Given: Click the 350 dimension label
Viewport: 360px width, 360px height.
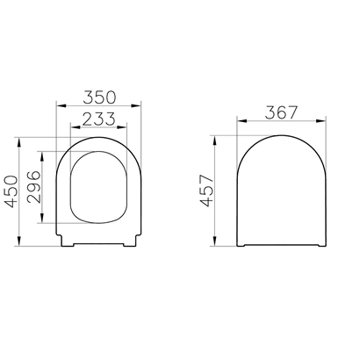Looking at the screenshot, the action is pyautogui.click(x=99, y=97).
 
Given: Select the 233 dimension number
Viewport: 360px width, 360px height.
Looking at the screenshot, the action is pyautogui.click(x=99, y=119).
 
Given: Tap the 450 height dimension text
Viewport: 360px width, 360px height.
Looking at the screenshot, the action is pyautogui.click(x=11, y=191).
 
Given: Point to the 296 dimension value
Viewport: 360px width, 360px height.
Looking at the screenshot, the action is pyautogui.click(x=34, y=187).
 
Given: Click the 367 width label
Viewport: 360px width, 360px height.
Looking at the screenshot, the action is pyautogui.click(x=281, y=112).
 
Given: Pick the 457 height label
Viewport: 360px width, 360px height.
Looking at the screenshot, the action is pyautogui.click(x=207, y=191).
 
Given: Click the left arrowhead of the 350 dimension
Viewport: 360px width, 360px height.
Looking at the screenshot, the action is pyautogui.click(x=61, y=105).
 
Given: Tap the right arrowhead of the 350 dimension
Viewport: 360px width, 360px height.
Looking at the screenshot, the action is pyautogui.click(x=136, y=105).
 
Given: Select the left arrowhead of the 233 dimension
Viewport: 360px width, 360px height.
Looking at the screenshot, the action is pyautogui.click(x=76, y=127).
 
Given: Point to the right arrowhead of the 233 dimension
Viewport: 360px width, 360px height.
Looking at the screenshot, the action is pyautogui.click(x=122, y=127).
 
